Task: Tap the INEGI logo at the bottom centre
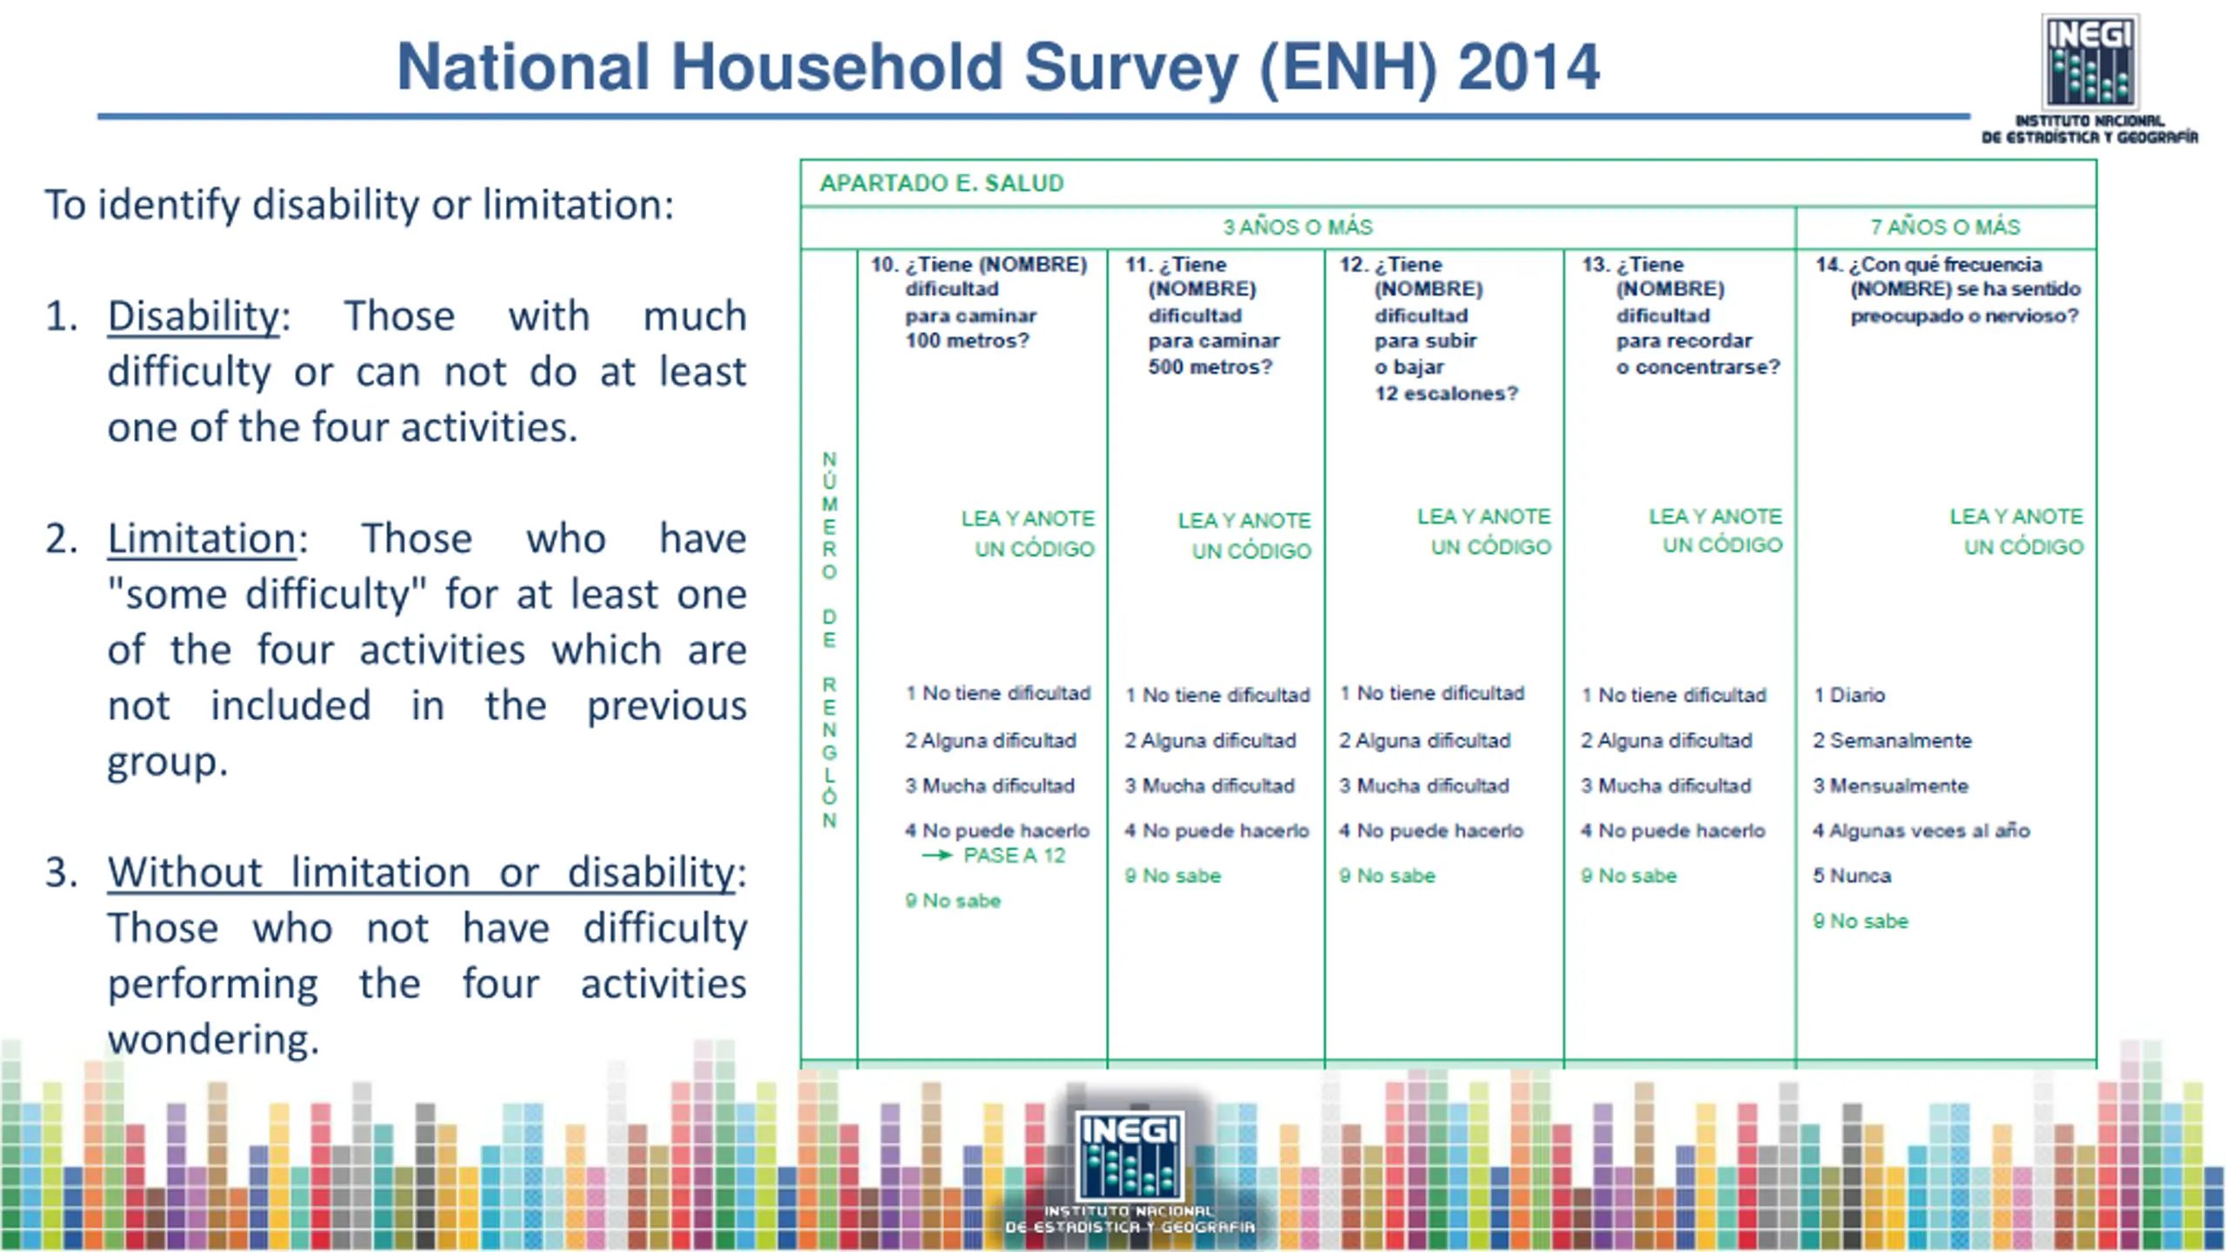pos(1130,1156)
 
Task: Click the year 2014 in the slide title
pos(1528,67)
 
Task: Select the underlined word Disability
pos(193,316)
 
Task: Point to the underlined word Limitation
pos(202,539)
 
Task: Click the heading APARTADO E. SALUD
pos(942,183)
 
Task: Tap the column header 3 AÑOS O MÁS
pos(1297,228)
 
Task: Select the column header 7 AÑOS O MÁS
pos(1945,228)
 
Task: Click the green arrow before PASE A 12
pos(937,856)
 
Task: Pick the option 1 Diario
pos(1849,696)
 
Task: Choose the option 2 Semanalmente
pos(1892,741)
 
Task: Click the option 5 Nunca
pos(1852,876)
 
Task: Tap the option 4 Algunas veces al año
pos(1921,831)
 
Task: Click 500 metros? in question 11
pos(1210,368)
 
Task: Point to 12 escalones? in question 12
pos(1446,394)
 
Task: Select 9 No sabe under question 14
pos(1861,922)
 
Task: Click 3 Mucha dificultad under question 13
pos(1666,786)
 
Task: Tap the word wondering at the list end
pos(213,1040)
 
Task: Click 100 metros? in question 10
pos(967,341)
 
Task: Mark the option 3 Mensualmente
pos(1890,786)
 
